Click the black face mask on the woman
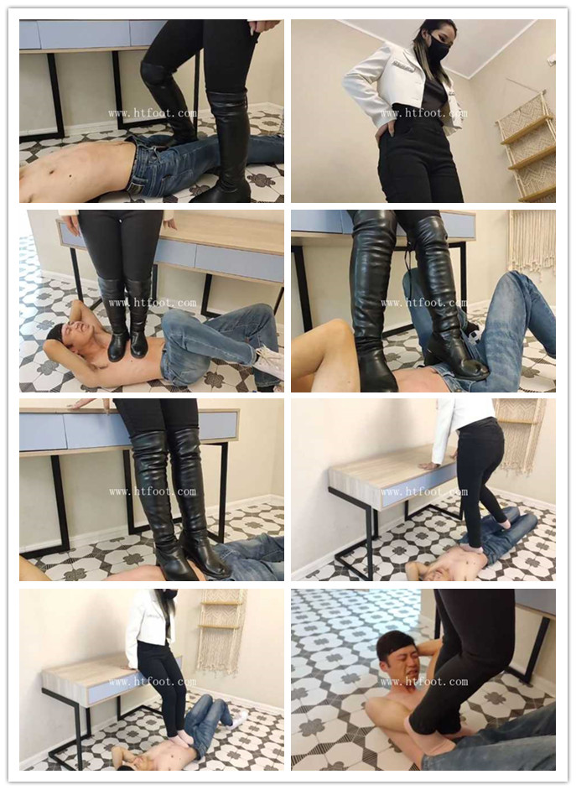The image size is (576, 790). pos(437,49)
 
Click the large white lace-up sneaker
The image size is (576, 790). pos(269,361)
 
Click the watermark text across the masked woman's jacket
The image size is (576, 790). pos(423,113)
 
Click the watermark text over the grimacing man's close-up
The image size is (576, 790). pos(424,682)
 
